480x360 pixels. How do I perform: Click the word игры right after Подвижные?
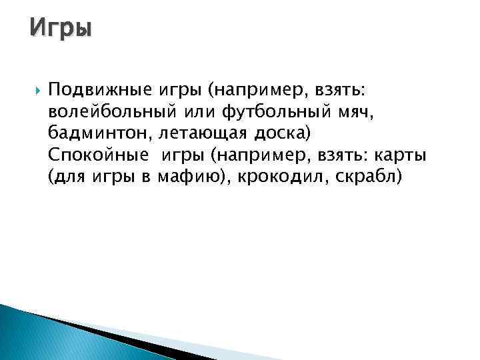(x=182, y=89)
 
